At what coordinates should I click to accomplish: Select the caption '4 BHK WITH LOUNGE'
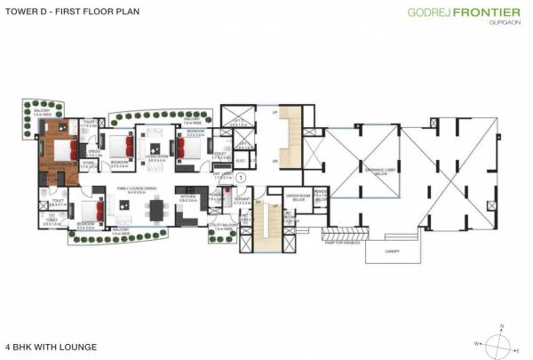50,345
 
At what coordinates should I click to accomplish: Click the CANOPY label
392,252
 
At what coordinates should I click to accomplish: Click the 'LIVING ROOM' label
158,156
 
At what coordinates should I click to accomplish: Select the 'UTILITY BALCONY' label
221,226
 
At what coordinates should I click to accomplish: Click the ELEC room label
240,161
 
